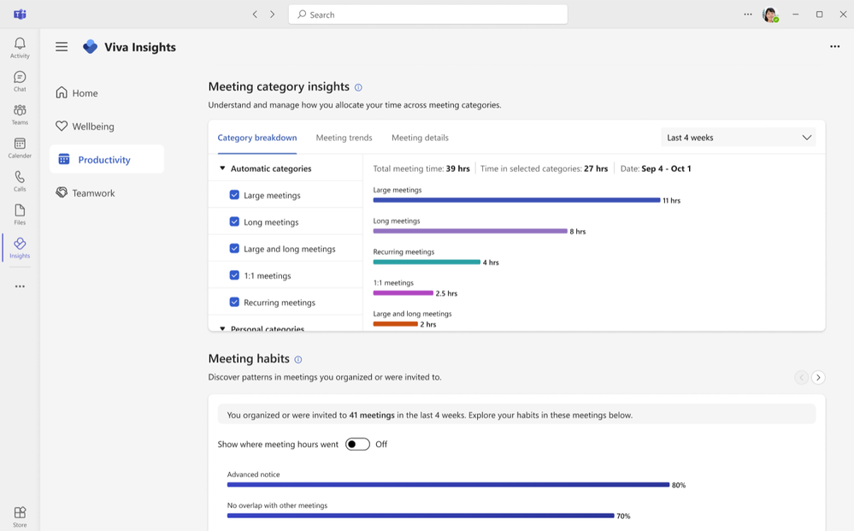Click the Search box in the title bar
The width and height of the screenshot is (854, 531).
tap(427, 15)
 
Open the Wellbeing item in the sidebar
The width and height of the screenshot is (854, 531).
tap(92, 127)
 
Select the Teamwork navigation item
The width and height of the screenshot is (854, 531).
tap(92, 193)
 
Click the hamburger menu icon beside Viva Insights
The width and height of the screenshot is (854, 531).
tap(62, 47)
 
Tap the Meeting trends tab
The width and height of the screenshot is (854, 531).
tap(344, 138)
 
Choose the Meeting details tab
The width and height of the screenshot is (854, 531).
tap(420, 138)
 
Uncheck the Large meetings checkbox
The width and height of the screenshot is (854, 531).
tap(234, 195)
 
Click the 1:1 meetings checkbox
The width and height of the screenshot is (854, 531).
tap(234, 275)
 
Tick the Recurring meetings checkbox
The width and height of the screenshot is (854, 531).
tap(234, 302)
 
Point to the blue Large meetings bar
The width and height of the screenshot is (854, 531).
tap(516, 200)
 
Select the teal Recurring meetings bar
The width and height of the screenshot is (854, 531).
tap(427, 262)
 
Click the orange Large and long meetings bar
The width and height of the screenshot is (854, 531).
tap(395, 324)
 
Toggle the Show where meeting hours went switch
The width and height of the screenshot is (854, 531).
tap(357, 445)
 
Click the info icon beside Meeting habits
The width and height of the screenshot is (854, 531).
tap(298, 360)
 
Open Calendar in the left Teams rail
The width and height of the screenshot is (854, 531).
tap(20, 148)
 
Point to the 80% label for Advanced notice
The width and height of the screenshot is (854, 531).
tap(679, 485)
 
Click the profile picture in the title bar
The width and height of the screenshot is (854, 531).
tap(769, 15)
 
